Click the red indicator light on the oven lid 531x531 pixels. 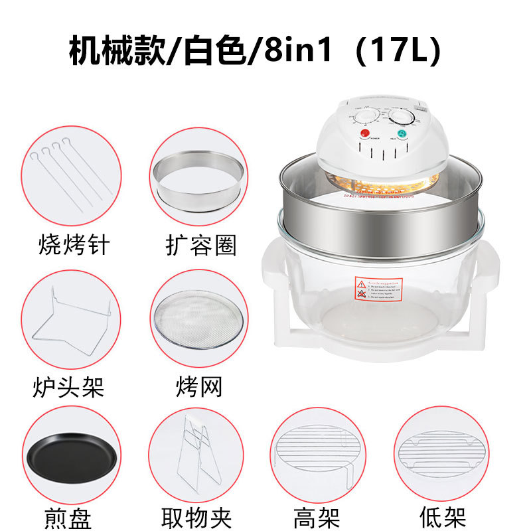point(364,133)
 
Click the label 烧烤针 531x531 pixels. point(74,245)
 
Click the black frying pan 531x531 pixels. point(73,458)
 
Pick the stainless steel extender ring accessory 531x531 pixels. point(196,179)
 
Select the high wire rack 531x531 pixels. point(318,451)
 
